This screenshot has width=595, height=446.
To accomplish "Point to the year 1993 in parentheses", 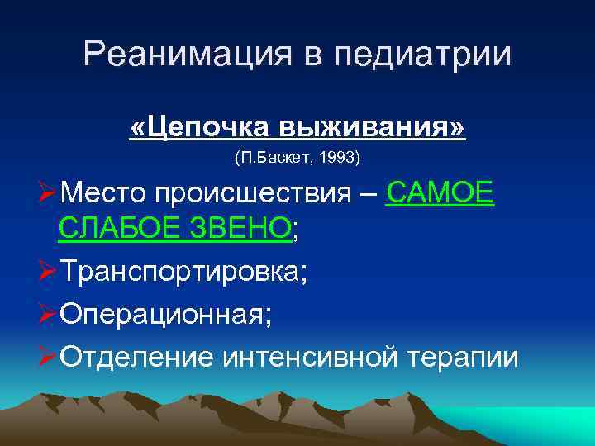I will (x=341, y=156).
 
